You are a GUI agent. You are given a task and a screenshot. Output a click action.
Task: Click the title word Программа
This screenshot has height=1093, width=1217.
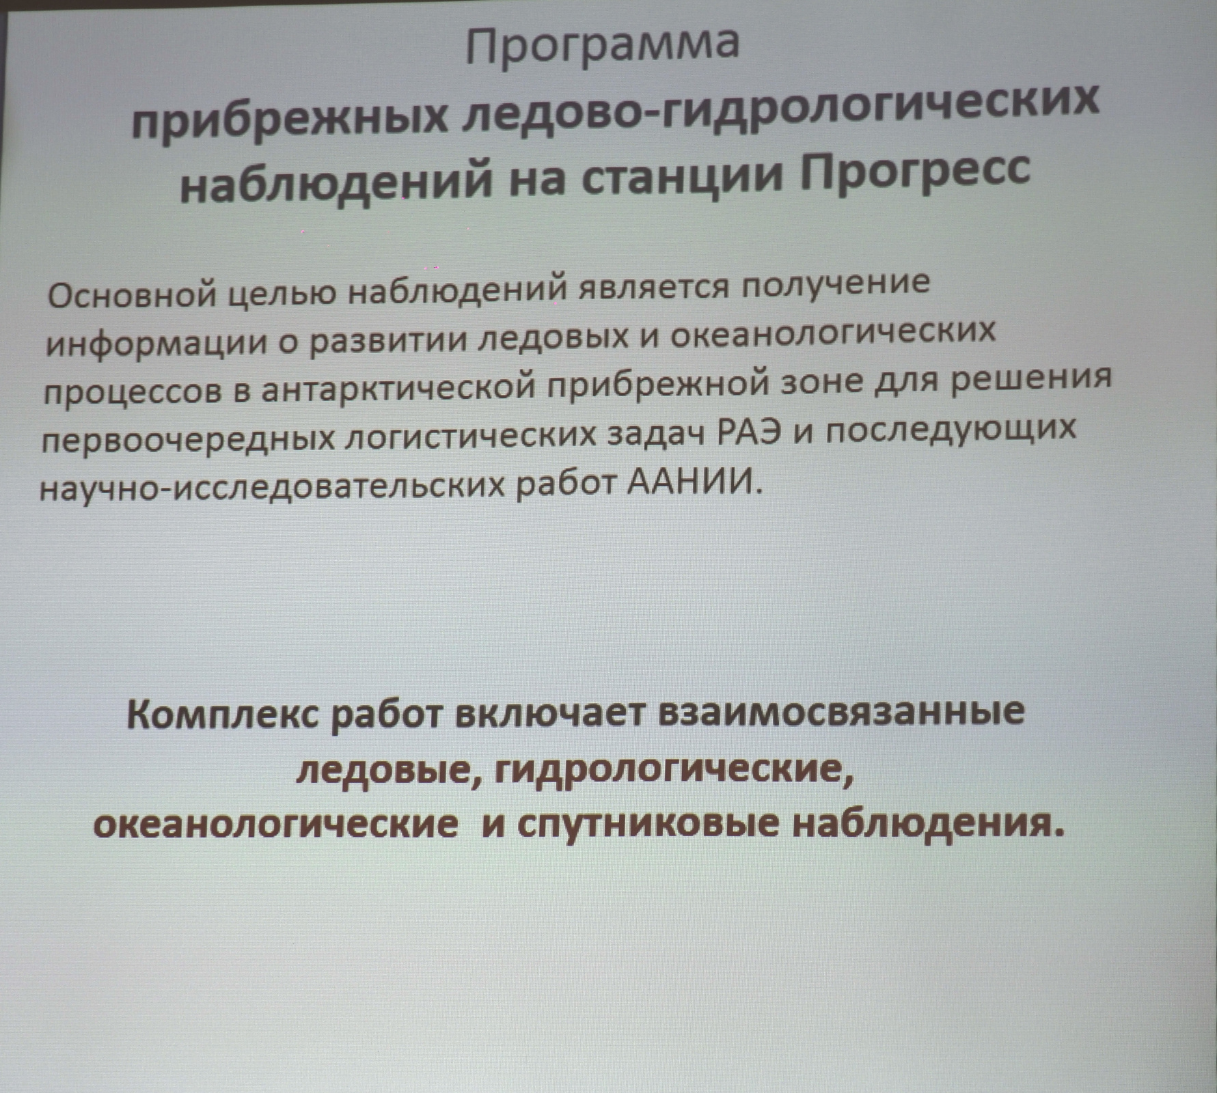coord(603,45)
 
